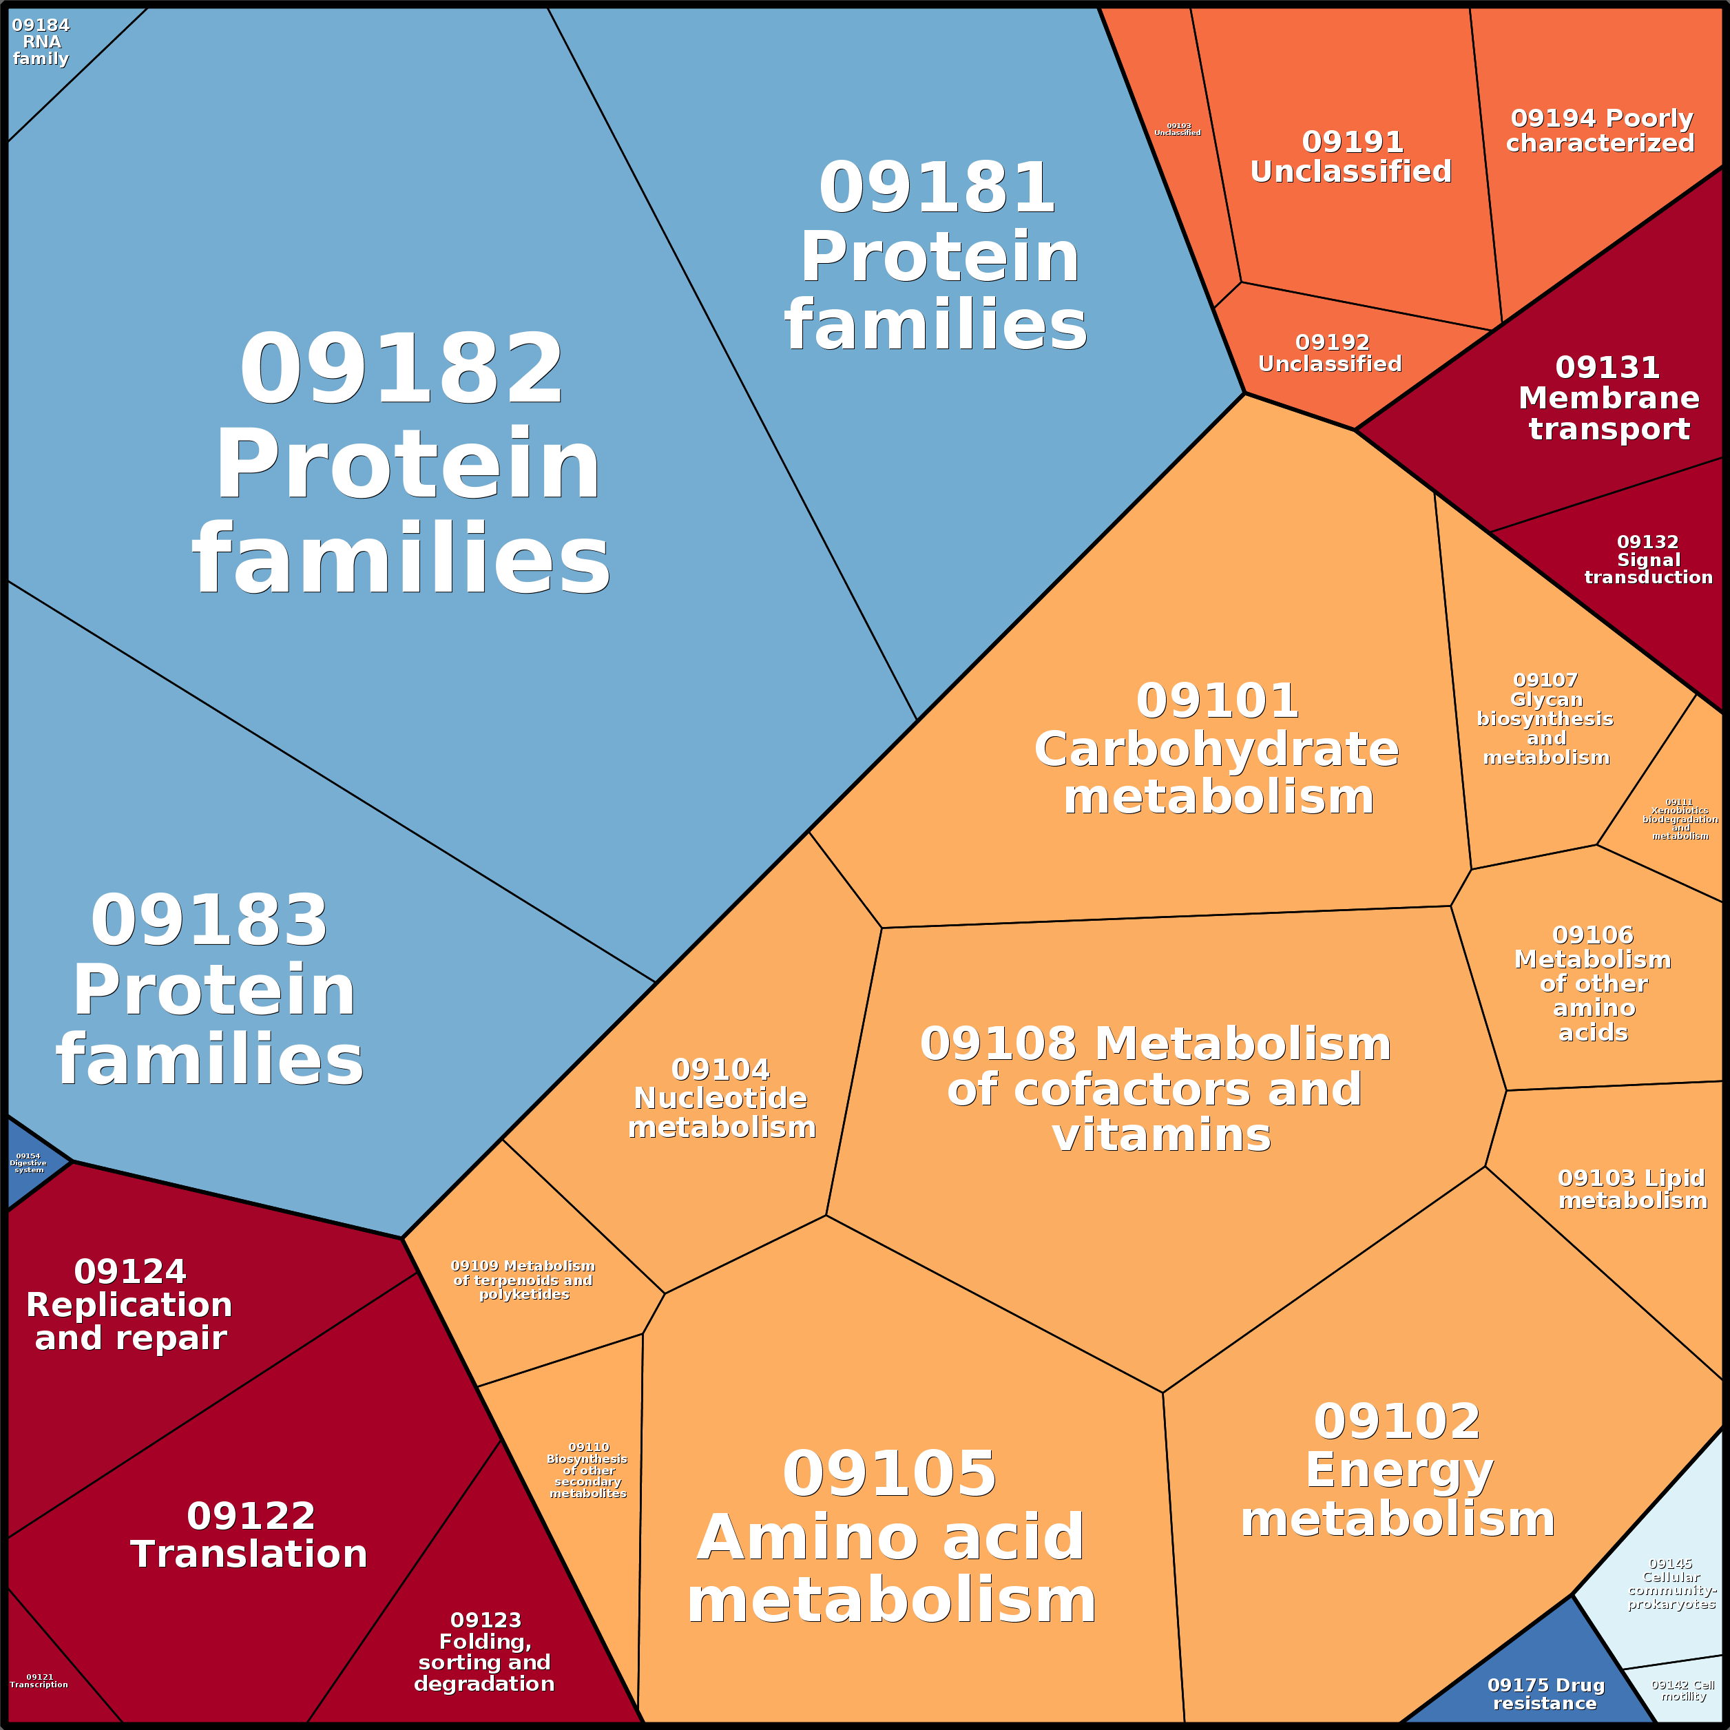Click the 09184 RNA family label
pyautogui.click(x=41, y=42)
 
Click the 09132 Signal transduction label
pyautogui.click(x=1649, y=560)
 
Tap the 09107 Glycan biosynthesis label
pyautogui.click(x=1545, y=718)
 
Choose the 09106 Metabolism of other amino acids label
pyautogui.click(x=1593, y=983)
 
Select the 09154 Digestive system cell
pyautogui.click(x=29, y=1163)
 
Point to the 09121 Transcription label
pyautogui.click(x=39, y=1680)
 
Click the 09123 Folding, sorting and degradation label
pyautogui.click(x=484, y=1651)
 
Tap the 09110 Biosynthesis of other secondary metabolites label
pyautogui.click(x=588, y=1470)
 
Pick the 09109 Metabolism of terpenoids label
pyautogui.click(x=523, y=1280)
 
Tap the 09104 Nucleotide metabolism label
pyautogui.click(x=722, y=1098)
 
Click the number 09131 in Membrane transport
pyautogui.click(x=1607, y=367)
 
